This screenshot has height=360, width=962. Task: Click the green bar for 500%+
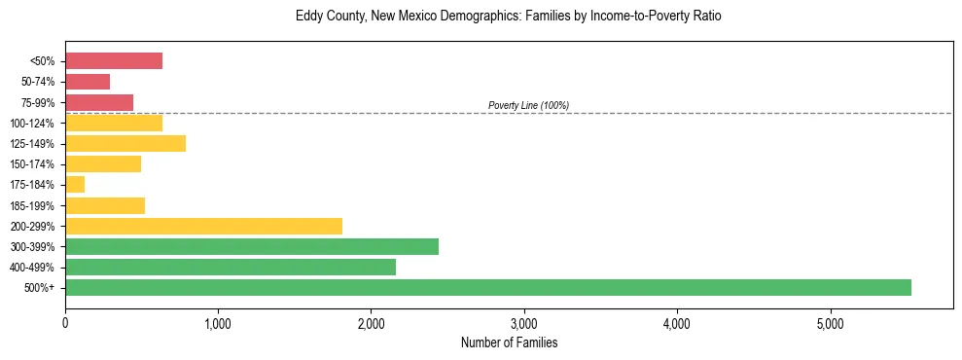(x=487, y=287)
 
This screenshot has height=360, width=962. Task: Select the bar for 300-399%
(x=251, y=246)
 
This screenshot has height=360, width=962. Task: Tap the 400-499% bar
(x=230, y=267)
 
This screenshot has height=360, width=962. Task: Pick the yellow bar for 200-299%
(x=203, y=226)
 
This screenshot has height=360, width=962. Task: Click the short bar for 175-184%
(x=75, y=185)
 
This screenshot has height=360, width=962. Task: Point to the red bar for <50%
(x=114, y=61)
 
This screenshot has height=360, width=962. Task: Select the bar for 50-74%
(x=88, y=82)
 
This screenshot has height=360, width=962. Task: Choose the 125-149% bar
(x=125, y=144)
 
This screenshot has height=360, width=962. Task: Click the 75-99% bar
(x=99, y=102)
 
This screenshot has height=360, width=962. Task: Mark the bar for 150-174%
(x=103, y=164)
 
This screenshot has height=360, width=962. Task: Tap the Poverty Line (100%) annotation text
(x=528, y=105)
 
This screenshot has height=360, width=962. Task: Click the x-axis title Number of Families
(x=509, y=342)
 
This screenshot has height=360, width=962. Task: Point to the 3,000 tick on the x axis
(x=524, y=323)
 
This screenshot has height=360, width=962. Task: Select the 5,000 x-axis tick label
(x=830, y=323)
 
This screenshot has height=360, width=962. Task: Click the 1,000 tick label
(x=218, y=323)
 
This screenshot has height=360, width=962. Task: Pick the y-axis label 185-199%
(x=33, y=205)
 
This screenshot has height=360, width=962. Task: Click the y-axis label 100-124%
(x=33, y=124)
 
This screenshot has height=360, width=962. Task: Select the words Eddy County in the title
(x=326, y=17)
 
